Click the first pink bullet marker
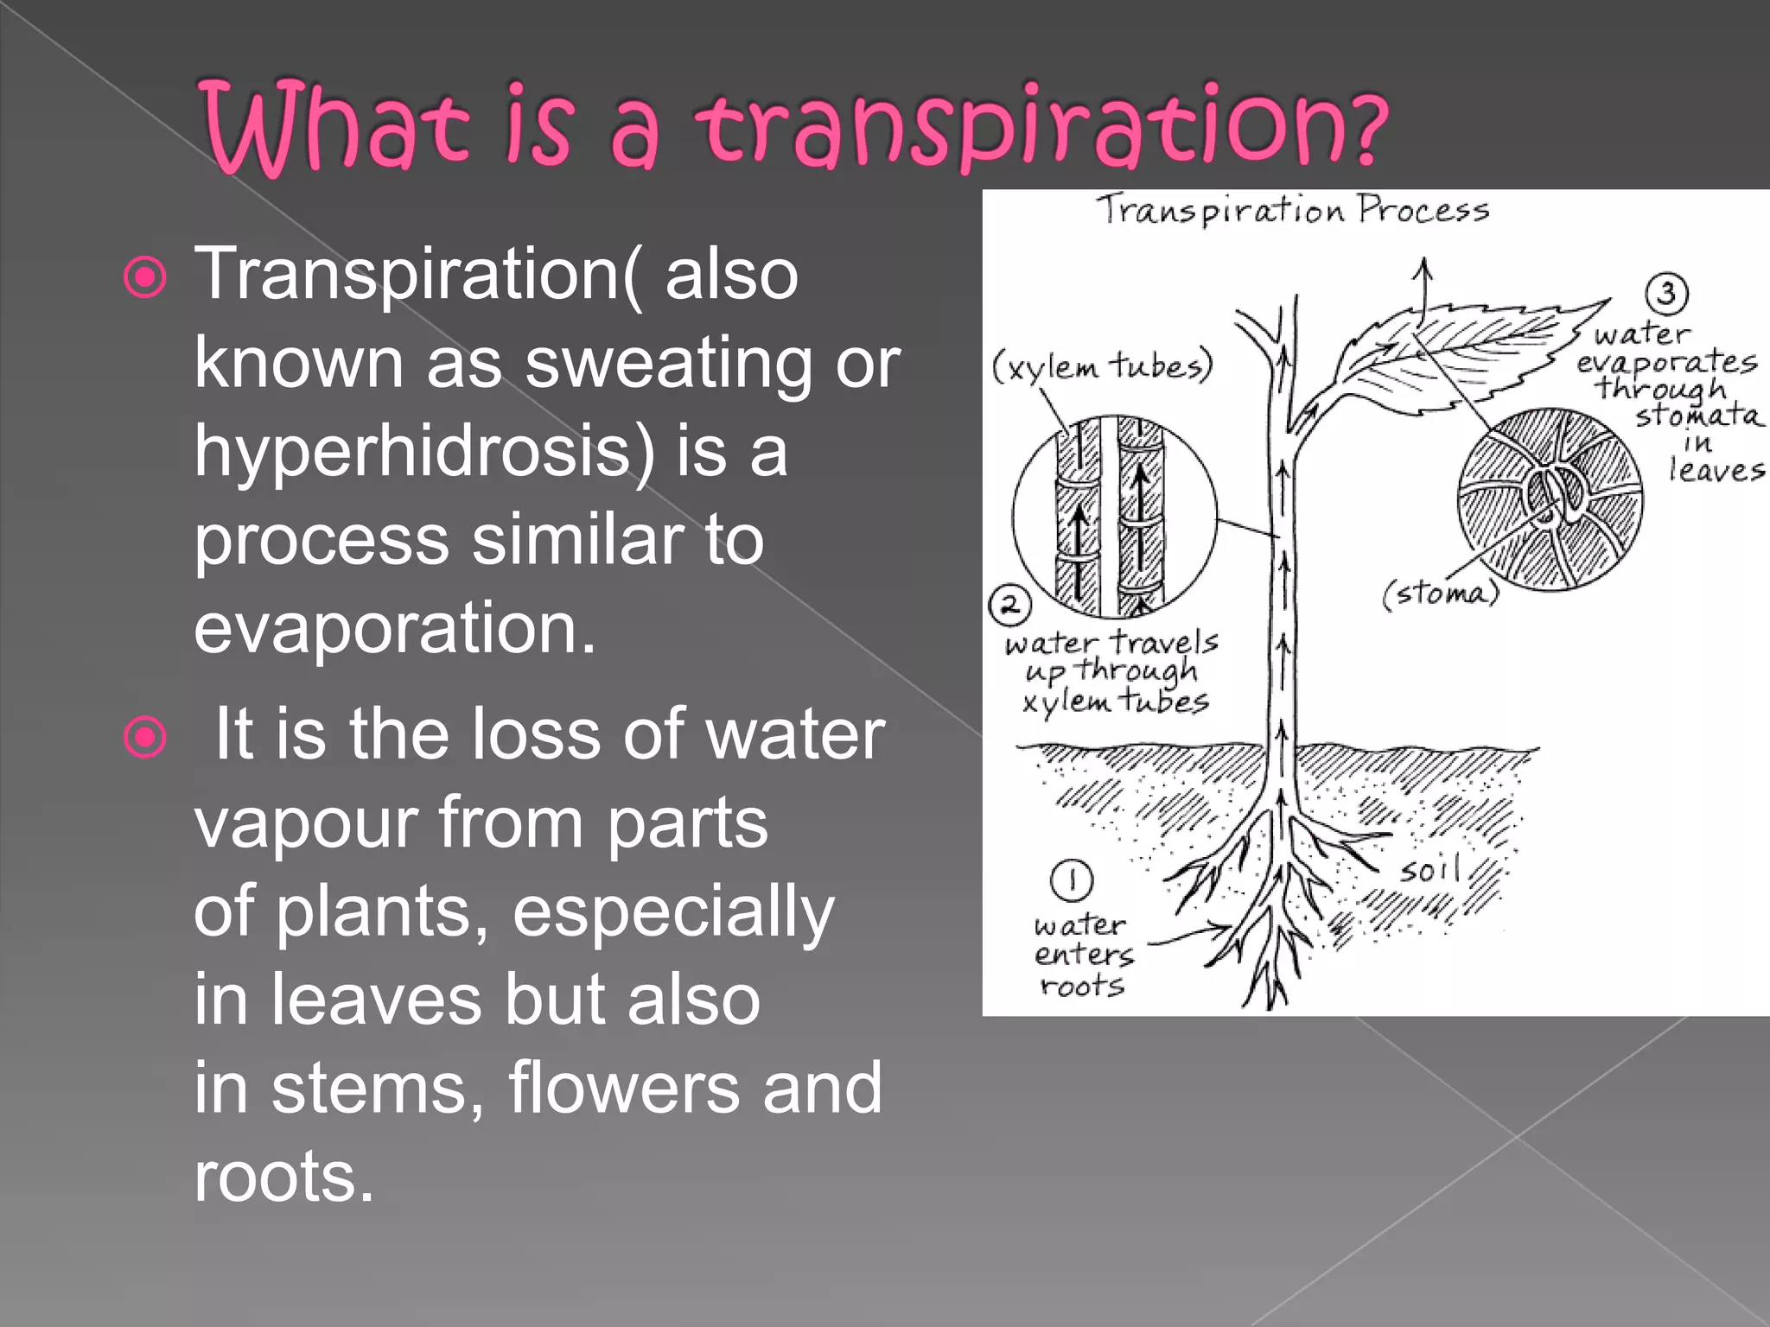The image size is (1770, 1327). coord(145,278)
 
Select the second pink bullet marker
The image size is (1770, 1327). coord(145,738)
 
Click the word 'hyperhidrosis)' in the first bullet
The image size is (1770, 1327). coord(423,453)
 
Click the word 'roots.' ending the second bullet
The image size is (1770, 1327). coord(283,1177)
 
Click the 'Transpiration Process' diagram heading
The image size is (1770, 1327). coord(1293,210)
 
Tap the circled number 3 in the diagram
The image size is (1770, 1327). coord(1666,293)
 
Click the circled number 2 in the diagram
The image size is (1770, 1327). coord(1009,605)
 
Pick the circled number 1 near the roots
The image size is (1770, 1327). coord(1072,880)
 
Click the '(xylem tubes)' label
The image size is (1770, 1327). coord(1102,366)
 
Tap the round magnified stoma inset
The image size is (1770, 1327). coord(1550,499)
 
